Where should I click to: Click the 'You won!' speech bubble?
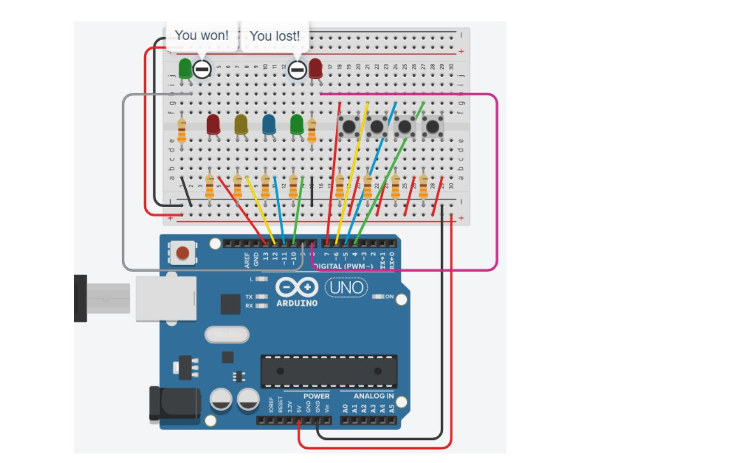(x=202, y=35)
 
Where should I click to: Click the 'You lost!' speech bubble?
(x=275, y=36)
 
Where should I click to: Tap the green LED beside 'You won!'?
(x=185, y=68)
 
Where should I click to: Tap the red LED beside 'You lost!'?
(x=316, y=68)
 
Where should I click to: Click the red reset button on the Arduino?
(x=183, y=253)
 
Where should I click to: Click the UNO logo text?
(x=346, y=287)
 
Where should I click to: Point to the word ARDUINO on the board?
(x=297, y=303)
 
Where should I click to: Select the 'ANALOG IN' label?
(x=373, y=396)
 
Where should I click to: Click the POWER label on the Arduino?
(x=316, y=396)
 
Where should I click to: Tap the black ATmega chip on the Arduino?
(x=329, y=371)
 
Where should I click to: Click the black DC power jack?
(x=175, y=404)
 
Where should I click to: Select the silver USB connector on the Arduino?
(x=166, y=299)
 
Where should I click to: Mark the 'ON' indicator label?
(x=389, y=297)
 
